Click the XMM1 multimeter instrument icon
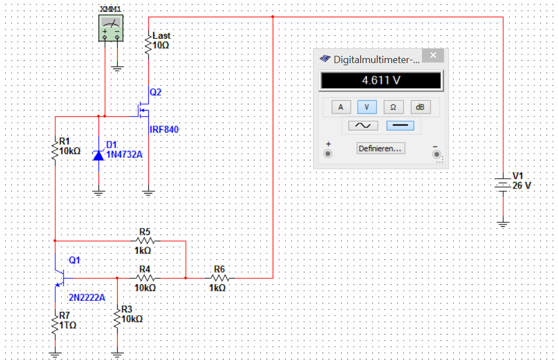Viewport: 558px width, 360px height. [111, 28]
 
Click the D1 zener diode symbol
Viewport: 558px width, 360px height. [98, 155]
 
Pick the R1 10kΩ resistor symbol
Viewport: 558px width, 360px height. [55, 151]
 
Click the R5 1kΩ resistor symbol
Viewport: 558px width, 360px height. [145, 241]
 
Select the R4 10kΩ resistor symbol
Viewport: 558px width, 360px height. [145, 278]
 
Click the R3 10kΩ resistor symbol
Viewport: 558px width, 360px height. [117, 319]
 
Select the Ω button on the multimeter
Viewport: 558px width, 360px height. [393, 107]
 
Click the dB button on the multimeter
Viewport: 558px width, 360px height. [420, 107]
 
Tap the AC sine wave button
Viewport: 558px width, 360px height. [363, 126]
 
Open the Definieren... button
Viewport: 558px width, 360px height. [380, 148]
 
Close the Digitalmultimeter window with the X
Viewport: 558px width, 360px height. [433, 55]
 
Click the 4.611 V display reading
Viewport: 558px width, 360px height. [381, 80]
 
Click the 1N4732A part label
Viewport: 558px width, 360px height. [124, 154]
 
